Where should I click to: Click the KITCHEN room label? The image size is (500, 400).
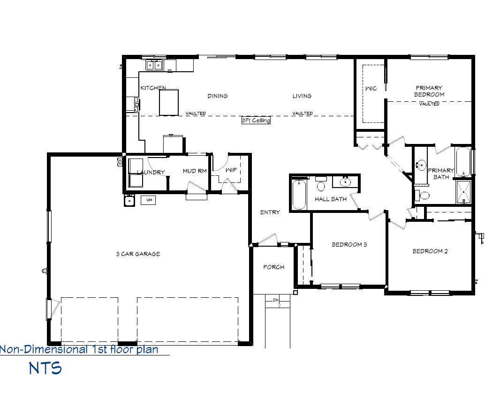[x=153, y=88]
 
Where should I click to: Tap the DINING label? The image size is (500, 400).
[x=218, y=96]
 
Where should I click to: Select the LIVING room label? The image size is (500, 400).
[x=302, y=96]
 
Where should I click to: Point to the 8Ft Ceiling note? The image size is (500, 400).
[x=256, y=121]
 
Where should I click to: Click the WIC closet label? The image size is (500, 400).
[x=371, y=89]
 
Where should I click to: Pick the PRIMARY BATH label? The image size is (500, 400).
[x=441, y=174]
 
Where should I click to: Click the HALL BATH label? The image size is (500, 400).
[x=331, y=199]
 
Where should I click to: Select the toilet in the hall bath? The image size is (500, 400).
[x=321, y=186]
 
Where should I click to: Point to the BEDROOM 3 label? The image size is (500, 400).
[x=349, y=244]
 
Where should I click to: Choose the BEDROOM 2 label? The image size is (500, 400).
[x=430, y=251]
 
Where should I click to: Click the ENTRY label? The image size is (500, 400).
[x=270, y=212]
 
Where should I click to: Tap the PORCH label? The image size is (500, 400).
[x=273, y=267]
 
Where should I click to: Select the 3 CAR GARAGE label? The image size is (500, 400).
[x=138, y=254]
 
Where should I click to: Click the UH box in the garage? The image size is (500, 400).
[x=149, y=200]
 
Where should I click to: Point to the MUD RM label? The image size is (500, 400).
[x=195, y=171]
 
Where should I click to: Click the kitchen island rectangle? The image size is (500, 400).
[x=169, y=103]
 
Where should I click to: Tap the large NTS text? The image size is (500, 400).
[x=45, y=368]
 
